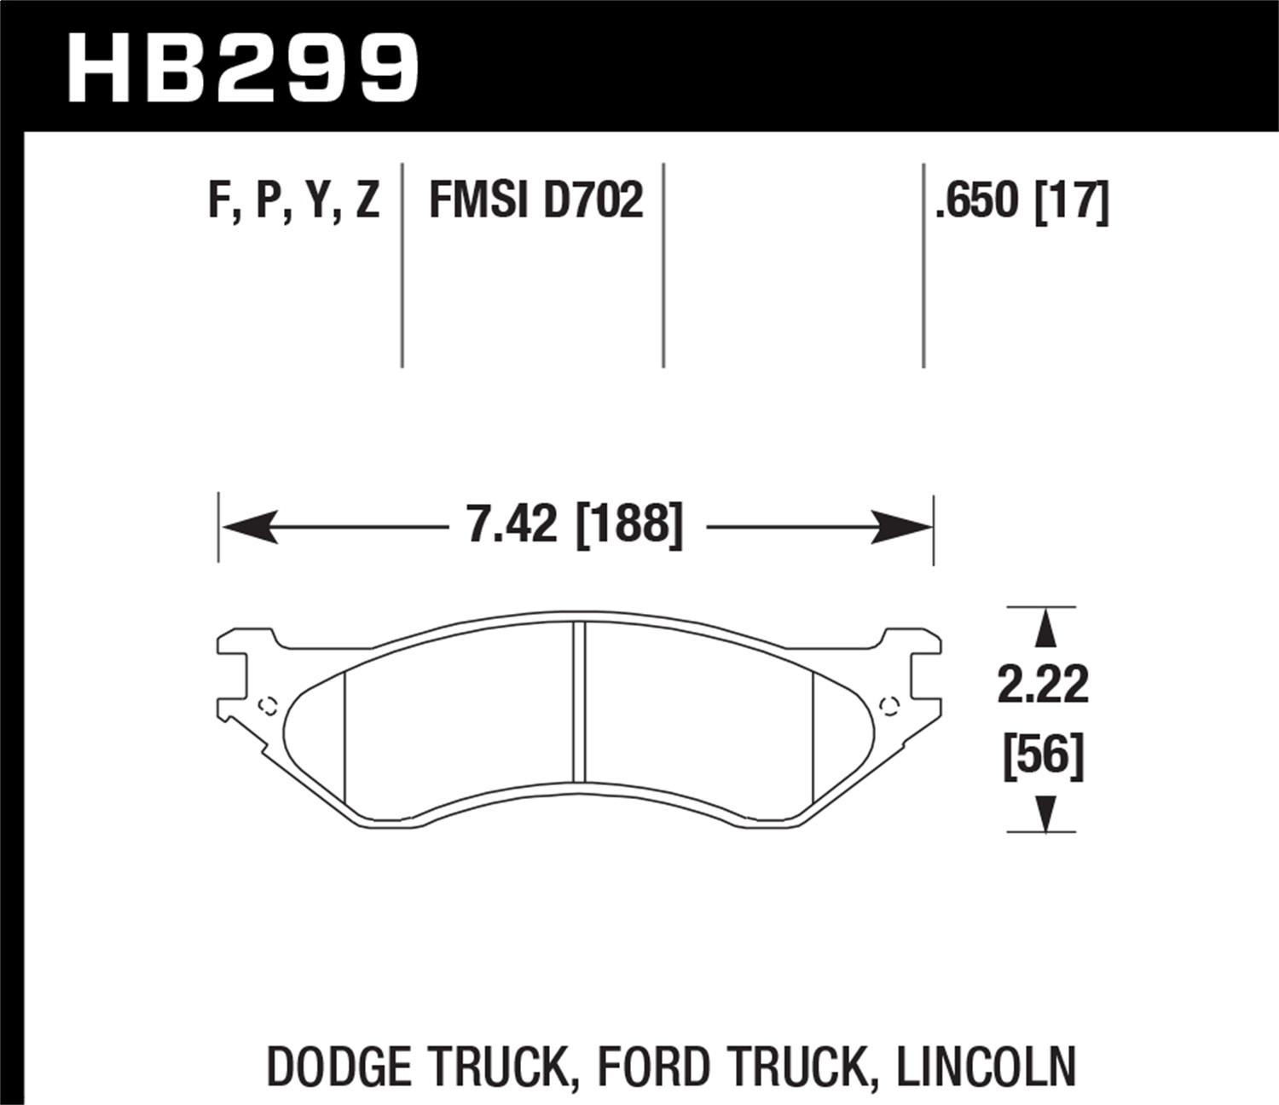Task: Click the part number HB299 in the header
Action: [242, 68]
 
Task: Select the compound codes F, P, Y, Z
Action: [293, 202]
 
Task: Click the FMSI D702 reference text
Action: [535, 202]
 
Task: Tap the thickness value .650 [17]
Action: [1021, 202]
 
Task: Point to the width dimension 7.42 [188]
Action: [576, 524]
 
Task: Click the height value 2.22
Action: [1043, 685]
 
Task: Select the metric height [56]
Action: [1043, 755]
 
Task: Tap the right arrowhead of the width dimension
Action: [904, 528]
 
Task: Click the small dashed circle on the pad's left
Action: [268, 705]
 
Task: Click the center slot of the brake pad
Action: [579, 701]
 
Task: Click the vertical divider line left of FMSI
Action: [402, 264]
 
